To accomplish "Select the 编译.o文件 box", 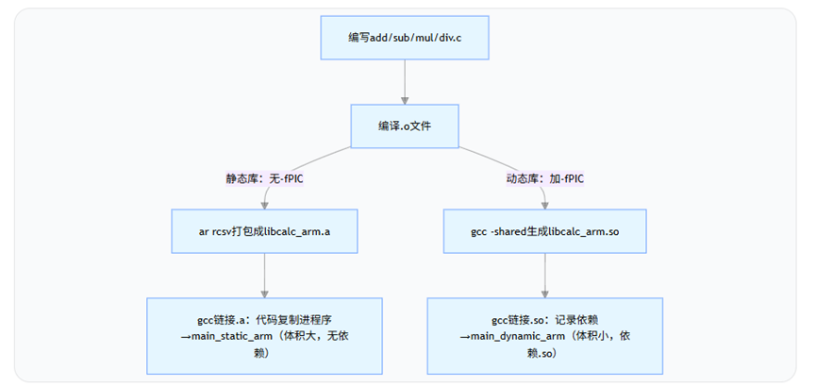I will (x=405, y=126).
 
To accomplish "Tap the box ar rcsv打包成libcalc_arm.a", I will (x=264, y=230).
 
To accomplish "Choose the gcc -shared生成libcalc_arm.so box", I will (x=544, y=230).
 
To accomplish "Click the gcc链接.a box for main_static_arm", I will (x=264, y=335).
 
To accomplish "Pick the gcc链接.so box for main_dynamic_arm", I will (x=544, y=335).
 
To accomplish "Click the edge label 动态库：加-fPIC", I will (x=544, y=177).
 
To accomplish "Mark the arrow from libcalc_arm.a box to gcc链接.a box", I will (x=264, y=274).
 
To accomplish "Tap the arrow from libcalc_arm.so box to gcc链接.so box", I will (x=544, y=274).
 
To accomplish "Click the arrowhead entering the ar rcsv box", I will (x=264, y=204).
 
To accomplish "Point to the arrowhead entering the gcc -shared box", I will (x=544, y=204).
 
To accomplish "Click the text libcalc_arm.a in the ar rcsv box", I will (x=294, y=231).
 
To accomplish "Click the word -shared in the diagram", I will (x=498, y=231).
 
